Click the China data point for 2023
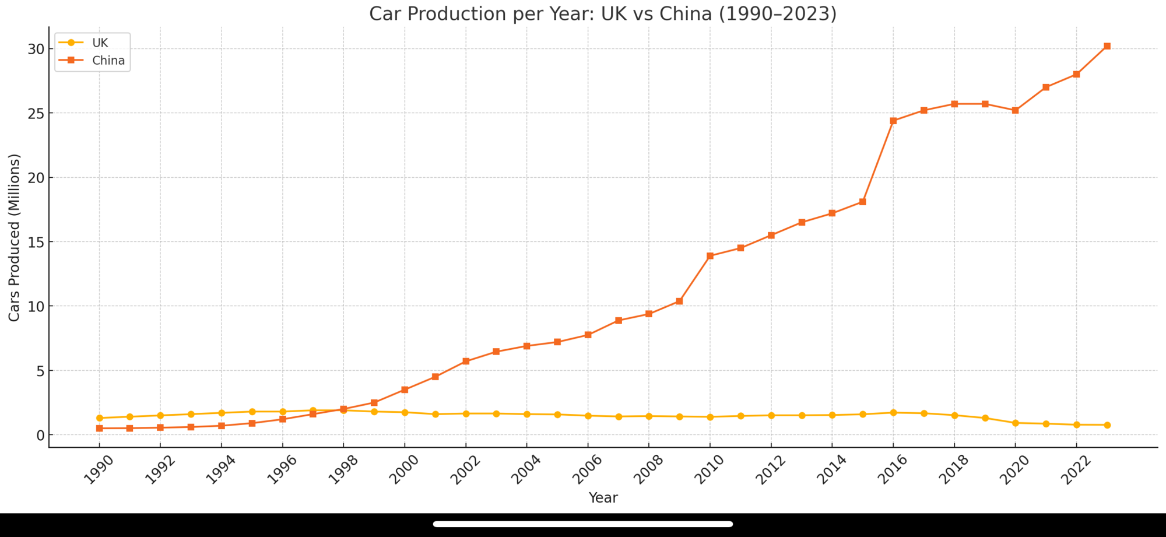pyautogui.click(x=1107, y=46)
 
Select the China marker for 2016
pyautogui.click(x=893, y=121)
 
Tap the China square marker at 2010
pyautogui.click(x=710, y=256)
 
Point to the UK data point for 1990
pyautogui.click(x=100, y=418)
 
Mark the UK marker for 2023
pyautogui.click(x=1107, y=425)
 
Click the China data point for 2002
pyautogui.click(x=466, y=361)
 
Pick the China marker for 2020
pyautogui.click(x=1015, y=110)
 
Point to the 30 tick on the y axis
pyautogui.click(x=36, y=49)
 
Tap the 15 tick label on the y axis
pyautogui.click(x=36, y=242)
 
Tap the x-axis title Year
pyautogui.click(x=603, y=498)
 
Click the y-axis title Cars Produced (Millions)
pyautogui.click(x=15, y=237)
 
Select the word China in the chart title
pyautogui.click(x=686, y=14)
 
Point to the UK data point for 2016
pyautogui.click(x=893, y=413)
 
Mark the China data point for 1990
pyautogui.click(x=100, y=429)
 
